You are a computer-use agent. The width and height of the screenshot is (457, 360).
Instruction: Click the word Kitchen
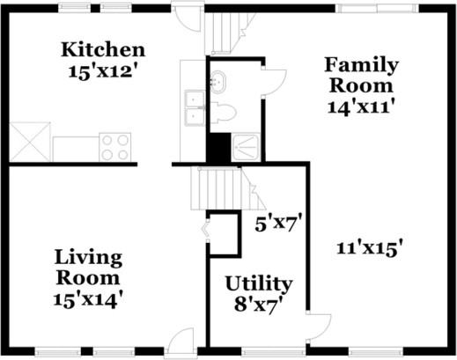103,50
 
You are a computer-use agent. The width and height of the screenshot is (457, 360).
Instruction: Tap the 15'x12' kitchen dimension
103,71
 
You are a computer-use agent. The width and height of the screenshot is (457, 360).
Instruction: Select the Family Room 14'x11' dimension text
360,107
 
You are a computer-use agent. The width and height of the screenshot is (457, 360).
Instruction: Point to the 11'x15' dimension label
370,248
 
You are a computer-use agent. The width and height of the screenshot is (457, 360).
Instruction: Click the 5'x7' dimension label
278,224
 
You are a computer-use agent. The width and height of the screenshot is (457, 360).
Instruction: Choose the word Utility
259,284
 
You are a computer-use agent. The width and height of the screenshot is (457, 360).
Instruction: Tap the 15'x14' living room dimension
87,300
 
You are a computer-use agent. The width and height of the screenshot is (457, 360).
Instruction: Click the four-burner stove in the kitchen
115,147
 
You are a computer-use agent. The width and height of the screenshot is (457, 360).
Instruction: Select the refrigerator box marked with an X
30,142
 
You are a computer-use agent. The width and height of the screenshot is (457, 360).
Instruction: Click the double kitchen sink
195,108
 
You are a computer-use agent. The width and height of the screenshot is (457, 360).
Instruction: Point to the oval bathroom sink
217,82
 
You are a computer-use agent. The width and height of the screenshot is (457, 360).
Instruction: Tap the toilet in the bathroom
224,113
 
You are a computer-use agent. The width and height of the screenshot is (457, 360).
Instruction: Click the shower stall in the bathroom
246,147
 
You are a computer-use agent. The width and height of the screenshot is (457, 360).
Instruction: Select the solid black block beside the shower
218,147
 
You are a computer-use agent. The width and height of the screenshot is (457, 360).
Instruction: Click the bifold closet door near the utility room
207,230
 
